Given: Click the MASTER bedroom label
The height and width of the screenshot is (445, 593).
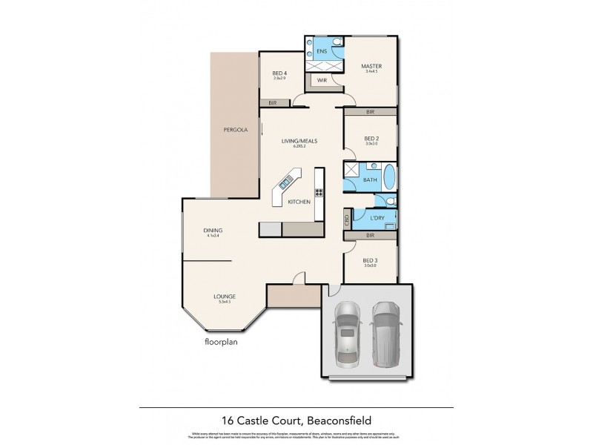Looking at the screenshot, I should (x=371, y=67).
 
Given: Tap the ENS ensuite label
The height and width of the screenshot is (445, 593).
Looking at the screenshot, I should (x=322, y=51).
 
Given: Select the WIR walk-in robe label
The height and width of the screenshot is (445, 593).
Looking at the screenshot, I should (x=322, y=79).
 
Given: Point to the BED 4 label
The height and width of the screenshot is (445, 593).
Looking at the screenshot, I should (x=279, y=72).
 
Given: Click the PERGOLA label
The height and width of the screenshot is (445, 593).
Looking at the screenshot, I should (x=234, y=131).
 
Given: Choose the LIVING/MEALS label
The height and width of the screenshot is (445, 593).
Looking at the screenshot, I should (x=299, y=140).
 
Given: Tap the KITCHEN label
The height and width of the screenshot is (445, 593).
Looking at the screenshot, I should (x=297, y=202).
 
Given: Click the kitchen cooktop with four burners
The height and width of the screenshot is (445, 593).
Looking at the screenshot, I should (x=319, y=193).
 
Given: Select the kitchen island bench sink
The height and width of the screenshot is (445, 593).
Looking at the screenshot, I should (x=285, y=184).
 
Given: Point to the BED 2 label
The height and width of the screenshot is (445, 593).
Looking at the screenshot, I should (x=371, y=139).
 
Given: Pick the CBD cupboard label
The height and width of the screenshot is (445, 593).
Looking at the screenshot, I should (x=347, y=220).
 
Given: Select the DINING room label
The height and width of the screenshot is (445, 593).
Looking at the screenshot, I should (x=213, y=231).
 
